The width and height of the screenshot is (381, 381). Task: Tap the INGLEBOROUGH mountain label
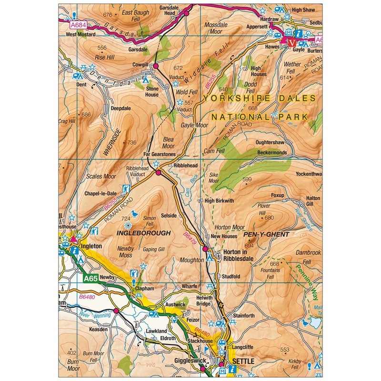coord(144,233)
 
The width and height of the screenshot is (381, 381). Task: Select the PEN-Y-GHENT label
coord(266,235)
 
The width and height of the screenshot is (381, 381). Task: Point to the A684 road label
coord(77,24)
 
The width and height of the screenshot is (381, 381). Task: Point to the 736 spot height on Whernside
coord(132,142)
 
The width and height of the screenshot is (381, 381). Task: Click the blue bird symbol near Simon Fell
coord(135,214)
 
